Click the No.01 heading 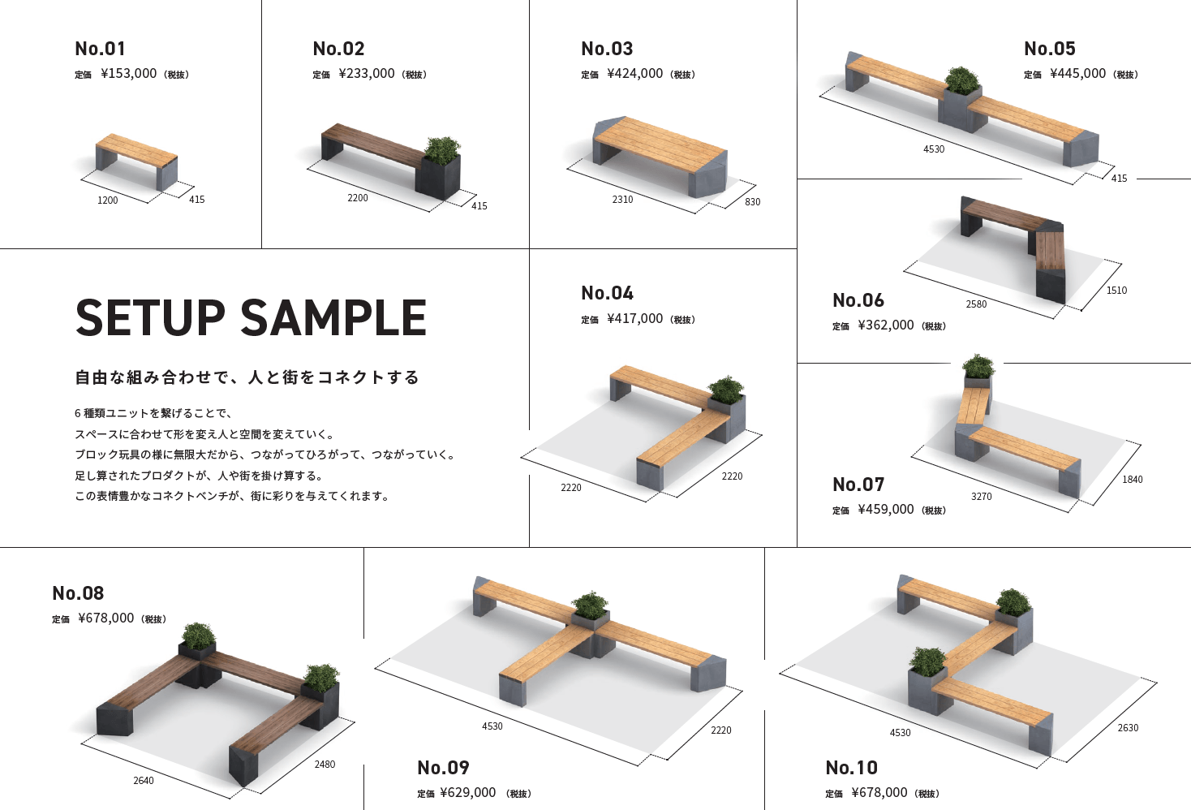(100, 49)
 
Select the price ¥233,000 (367, 74)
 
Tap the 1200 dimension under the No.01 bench (107, 200)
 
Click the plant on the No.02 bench (443, 150)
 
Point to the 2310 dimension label (622, 200)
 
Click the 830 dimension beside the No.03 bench (753, 202)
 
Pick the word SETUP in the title (150, 317)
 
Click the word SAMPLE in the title (333, 317)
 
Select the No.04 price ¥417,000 (635, 319)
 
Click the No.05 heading (1049, 49)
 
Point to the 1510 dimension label (1116, 291)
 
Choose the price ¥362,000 (886, 325)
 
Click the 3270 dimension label (981, 497)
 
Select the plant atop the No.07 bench (978, 367)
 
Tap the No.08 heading (78, 593)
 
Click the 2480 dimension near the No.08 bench (325, 765)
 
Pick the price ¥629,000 (468, 793)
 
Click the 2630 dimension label (1128, 728)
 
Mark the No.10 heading (851, 768)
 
